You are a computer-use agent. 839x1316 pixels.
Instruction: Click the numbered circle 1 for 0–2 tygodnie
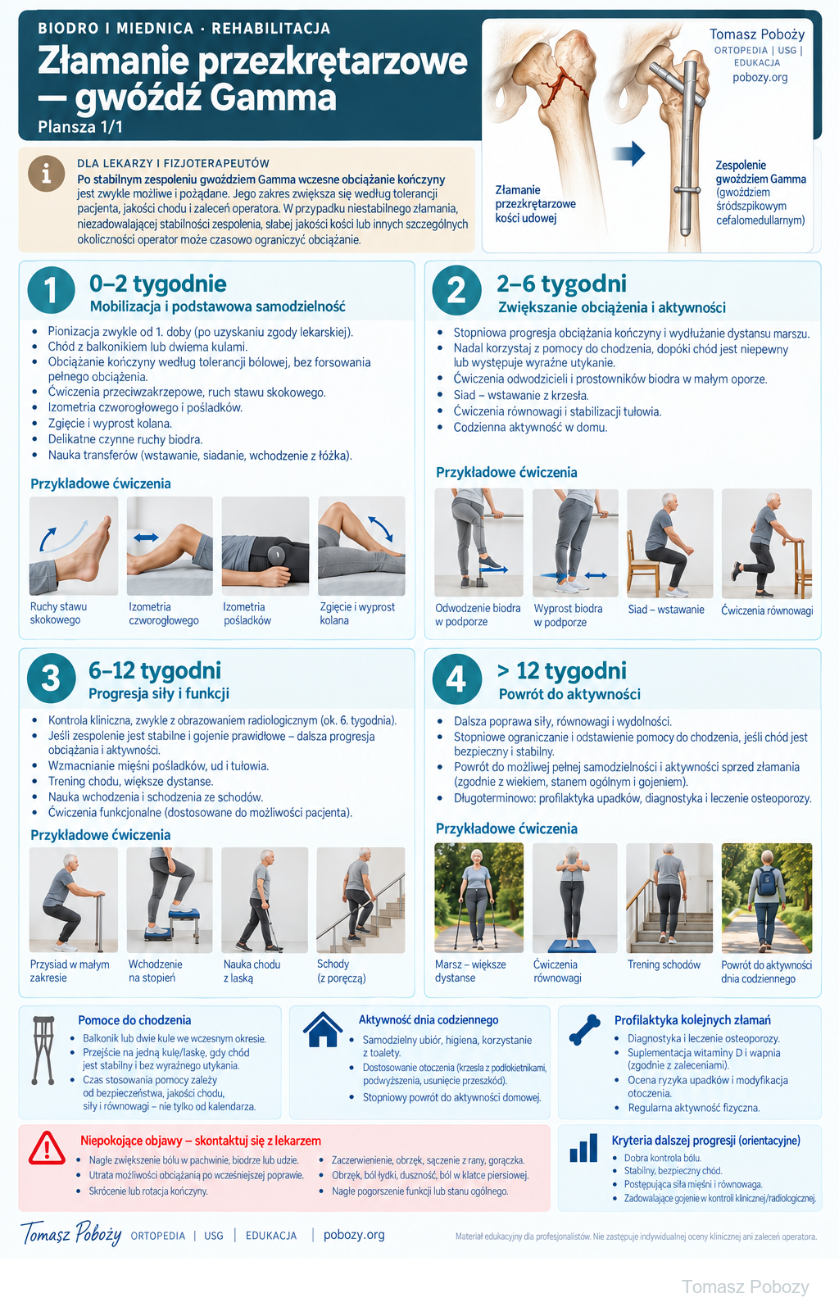51,290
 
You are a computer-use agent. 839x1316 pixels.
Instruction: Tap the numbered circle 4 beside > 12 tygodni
456,678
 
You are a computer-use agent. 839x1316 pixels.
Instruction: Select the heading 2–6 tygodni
561,284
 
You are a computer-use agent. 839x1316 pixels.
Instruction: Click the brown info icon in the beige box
47,174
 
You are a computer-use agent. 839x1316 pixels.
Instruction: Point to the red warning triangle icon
47,1148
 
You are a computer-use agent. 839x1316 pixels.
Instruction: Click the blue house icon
323,1029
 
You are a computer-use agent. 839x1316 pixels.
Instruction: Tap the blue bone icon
585,1030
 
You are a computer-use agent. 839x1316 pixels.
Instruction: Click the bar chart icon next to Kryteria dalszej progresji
583,1147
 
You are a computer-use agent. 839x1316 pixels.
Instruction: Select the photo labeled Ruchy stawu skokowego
74,546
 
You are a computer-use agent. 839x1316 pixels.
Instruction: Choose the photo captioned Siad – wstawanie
669,542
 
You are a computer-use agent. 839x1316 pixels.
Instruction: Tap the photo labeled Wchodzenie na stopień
170,900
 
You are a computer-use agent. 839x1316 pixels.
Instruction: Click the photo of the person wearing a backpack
767,898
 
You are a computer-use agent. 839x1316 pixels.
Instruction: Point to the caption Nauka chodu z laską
252,970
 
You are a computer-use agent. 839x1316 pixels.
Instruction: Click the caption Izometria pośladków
247,614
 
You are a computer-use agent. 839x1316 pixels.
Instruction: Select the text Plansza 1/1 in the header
80,127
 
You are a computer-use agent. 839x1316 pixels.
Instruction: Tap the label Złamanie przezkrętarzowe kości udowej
535,204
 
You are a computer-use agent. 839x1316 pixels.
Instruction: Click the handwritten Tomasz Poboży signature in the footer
71,1233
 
